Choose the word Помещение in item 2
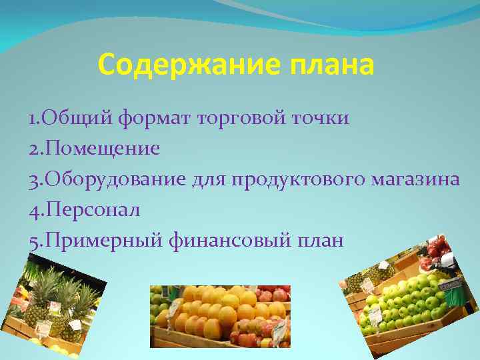(x=101, y=149)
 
